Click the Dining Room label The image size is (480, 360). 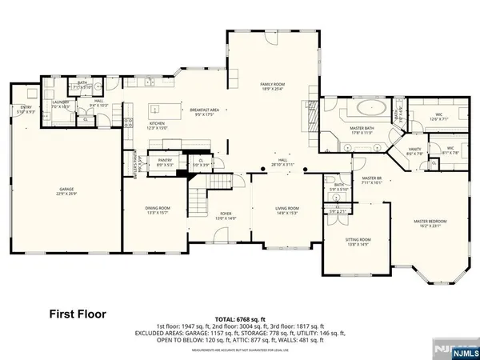pos(157,210)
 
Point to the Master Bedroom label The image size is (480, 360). pos(430,223)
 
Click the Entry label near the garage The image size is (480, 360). pos(26,110)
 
